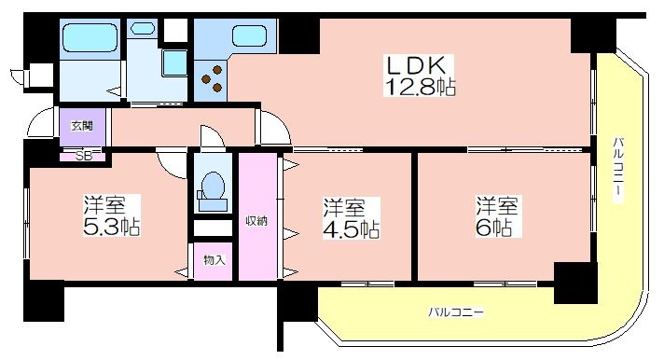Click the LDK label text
(x=415, y=65)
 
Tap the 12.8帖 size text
(x=420, y=87)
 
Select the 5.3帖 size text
(x=112, y=227)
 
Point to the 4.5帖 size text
(x=352, y=229)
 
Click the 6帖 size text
(x=493, y=228)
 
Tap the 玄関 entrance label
(x=82, y=126)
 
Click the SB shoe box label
(x=83, y=156)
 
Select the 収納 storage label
(x=257, y=221)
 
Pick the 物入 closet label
(x=214, y=260)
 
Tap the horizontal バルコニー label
(x=456, y=312)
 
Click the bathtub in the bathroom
(x=90, y=38)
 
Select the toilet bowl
(x=213, y=186)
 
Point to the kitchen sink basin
(x=249, y=35)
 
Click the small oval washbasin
(x=143, y=29)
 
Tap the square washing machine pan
(x=175, y=63)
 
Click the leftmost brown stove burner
(x=206, y=79)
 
